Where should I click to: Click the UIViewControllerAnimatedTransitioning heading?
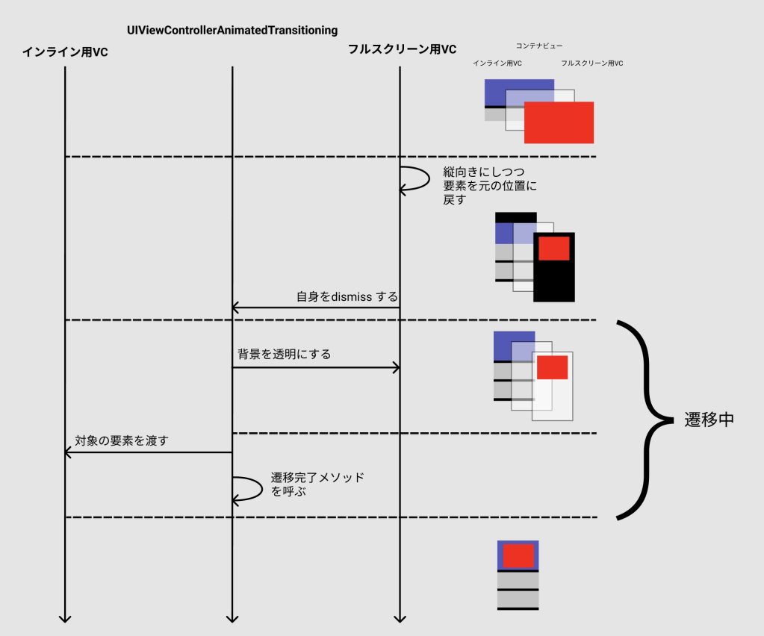232,30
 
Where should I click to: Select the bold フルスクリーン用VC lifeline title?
402,50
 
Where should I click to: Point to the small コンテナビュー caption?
539,46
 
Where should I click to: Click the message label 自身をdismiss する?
347,296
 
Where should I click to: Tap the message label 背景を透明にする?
284,355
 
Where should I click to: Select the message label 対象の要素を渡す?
122,440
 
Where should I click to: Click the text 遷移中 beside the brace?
709,420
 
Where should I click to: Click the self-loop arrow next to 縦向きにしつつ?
417,179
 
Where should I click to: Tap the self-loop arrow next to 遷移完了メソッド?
249,488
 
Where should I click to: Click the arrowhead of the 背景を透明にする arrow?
397,367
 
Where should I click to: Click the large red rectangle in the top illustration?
559,122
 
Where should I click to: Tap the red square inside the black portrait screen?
554,248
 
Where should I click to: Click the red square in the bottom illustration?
518,555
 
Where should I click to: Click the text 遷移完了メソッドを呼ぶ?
317,484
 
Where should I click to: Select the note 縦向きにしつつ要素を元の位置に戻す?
489,186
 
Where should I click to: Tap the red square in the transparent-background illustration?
552,367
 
